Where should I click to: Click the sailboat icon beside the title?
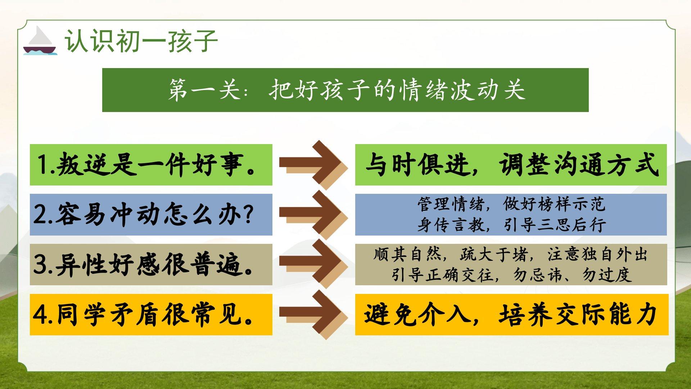click(40, 41)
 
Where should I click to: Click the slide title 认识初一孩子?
click(141, 41)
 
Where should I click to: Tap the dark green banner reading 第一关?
click(345, 90)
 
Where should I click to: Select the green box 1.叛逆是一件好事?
click(151, 165)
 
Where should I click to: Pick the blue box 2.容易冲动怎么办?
click(151, 215)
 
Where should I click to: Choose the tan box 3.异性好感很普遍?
click(151, 265)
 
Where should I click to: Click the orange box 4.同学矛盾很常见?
click(151, 314)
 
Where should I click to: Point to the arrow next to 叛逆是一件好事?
click(313, 165)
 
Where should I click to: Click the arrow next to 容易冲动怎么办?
click(313, 215)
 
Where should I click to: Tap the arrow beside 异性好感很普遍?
click(313, 265)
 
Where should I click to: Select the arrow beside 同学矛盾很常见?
click(313, 314)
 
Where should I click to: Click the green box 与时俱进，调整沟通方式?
click(511, 165)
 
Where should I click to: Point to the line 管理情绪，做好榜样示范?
click(511, 204)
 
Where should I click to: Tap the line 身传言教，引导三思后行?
click(511, 225)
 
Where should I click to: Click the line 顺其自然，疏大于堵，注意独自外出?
click(510, 254)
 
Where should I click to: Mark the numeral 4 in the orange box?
click(39, 315)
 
